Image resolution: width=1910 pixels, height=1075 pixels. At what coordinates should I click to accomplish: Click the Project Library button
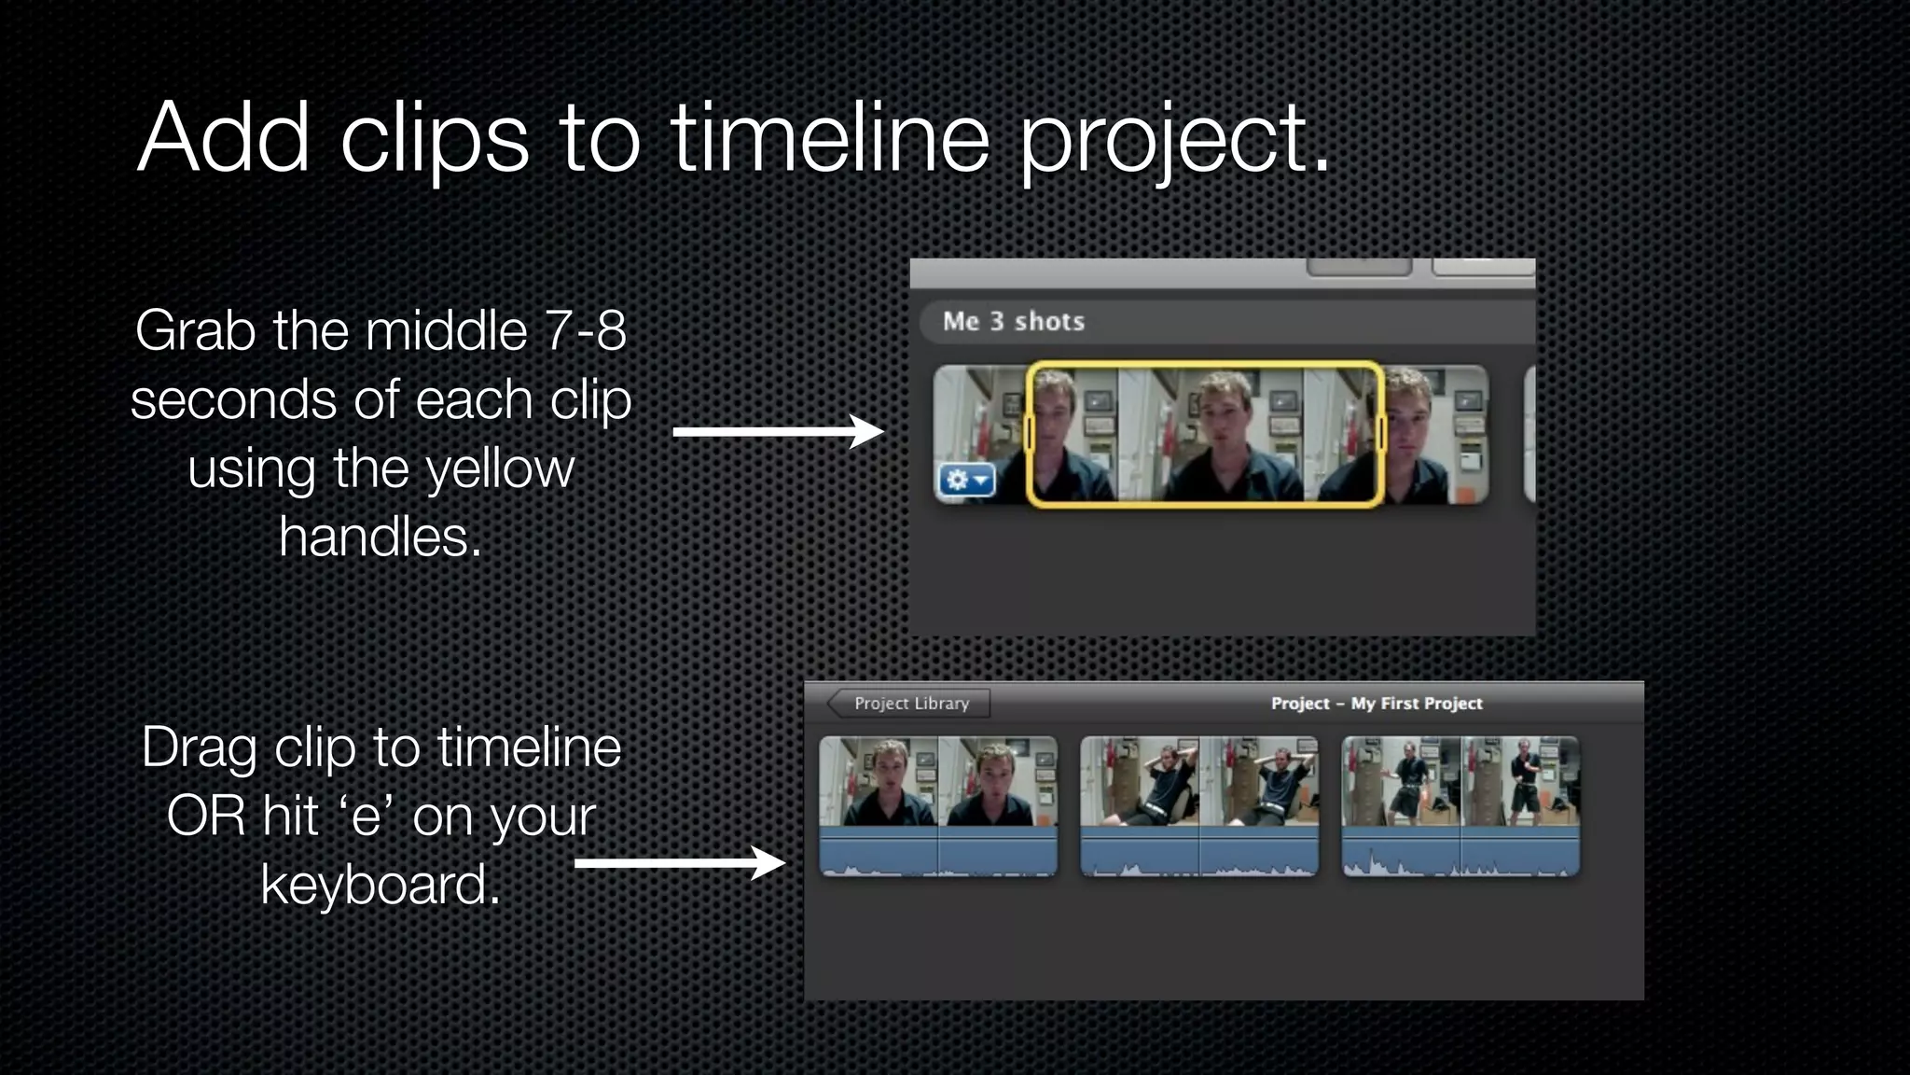[909, 704]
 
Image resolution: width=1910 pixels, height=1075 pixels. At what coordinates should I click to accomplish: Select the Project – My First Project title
[1376, 704]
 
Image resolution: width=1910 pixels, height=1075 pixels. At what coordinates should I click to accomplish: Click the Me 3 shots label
[1013, 322]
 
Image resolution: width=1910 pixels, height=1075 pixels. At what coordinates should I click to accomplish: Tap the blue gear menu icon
[966, 481]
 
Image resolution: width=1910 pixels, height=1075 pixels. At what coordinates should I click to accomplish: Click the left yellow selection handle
[1029, 434]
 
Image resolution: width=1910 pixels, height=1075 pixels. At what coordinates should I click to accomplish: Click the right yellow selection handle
[1380, 434]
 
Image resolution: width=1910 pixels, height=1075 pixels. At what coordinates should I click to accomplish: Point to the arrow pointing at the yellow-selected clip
[778, 432]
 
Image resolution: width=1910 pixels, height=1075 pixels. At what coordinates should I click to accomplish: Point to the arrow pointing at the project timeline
[680, 863]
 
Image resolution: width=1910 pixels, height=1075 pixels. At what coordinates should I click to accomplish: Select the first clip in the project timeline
[938, 806]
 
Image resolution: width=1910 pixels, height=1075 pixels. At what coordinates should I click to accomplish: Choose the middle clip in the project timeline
[1199, 806]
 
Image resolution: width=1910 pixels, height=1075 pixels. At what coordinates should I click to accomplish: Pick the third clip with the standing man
[1460, 806]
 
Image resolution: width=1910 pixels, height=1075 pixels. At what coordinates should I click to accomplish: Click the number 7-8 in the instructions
[585, 331]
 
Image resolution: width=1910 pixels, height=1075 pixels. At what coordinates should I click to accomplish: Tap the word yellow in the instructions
[500, 468]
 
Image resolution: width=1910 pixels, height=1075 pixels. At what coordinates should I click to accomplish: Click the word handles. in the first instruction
[381, 537]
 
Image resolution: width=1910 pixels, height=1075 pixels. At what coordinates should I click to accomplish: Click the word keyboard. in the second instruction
[381, 885]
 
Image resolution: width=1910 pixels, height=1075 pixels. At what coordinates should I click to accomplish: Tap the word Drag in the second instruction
[199, 748]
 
